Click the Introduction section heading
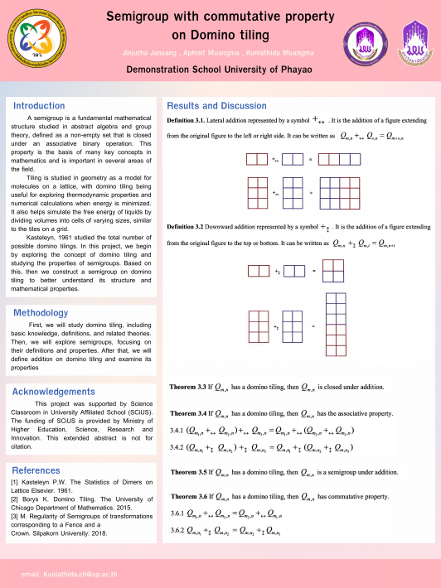pos(39,106)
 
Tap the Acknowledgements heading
pos(54,392)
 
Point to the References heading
pos(36,470)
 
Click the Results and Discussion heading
pos(216,106)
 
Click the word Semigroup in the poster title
pos(145,17)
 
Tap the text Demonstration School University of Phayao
pos(220,70)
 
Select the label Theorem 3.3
pos(188,387)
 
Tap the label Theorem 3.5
pos(188,472)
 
